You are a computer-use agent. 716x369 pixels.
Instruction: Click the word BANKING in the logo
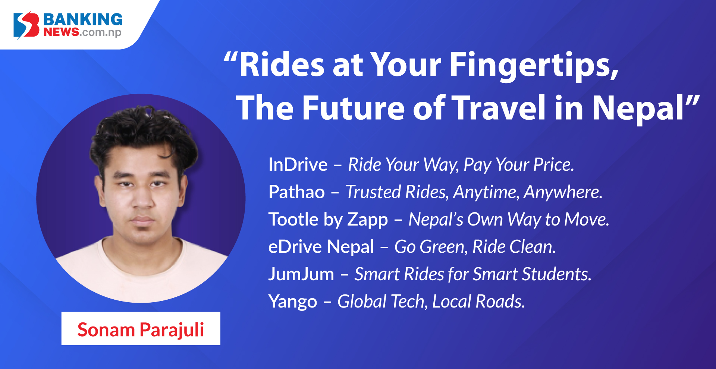click(83, 19)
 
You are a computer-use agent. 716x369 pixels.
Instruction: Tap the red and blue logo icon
click(26, 25)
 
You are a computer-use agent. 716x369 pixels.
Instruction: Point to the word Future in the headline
click(354, 108)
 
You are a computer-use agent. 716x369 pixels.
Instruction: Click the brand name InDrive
click(298, 164)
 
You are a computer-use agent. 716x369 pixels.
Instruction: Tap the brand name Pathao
click(296, 192)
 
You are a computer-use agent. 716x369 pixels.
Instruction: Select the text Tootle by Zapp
click(328, 220)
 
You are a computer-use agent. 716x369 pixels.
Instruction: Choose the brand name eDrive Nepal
click(321, 247)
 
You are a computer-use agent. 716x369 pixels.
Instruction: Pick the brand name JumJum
click(301, 274)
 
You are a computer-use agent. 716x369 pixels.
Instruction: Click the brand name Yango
click(293, 302)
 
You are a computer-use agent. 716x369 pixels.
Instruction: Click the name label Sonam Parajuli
click(141, 329)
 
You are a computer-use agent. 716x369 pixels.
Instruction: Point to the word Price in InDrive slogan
click(554, 164)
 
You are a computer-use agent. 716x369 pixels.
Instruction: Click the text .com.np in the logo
click(100, 32)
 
